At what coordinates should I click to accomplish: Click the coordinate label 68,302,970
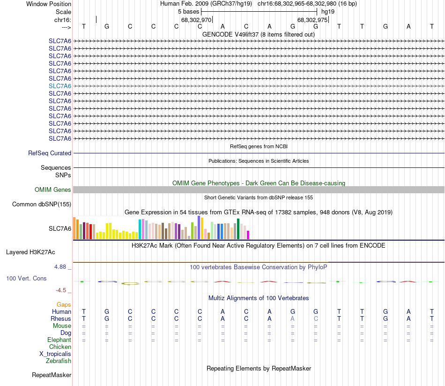tap(196, 20)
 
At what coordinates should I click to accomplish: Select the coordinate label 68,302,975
tap(312, 20)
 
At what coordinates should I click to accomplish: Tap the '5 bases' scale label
tap(189, 11)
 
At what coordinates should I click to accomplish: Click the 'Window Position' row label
tap(49, 4)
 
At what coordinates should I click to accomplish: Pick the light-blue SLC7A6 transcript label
tap(60, 86)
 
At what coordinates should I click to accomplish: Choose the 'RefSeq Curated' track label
tap(50, 153)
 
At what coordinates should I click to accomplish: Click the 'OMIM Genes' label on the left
tap(53, 189)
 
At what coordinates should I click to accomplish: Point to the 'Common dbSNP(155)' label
tap(42, 204)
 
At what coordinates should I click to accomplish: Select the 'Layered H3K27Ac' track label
tap(38, 252)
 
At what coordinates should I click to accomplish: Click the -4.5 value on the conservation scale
tap(63, 290)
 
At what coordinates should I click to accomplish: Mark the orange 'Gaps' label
tap(64, 304)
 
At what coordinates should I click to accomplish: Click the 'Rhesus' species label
tap(61, 318)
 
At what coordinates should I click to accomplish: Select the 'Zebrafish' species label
tap(59, 361)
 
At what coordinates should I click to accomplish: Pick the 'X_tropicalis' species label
tap(55, 354)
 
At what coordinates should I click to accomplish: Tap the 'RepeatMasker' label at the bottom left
tap(52, 375)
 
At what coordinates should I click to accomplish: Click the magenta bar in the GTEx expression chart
tap(248, 235)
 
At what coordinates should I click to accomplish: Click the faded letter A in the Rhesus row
tap(293, 318)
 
